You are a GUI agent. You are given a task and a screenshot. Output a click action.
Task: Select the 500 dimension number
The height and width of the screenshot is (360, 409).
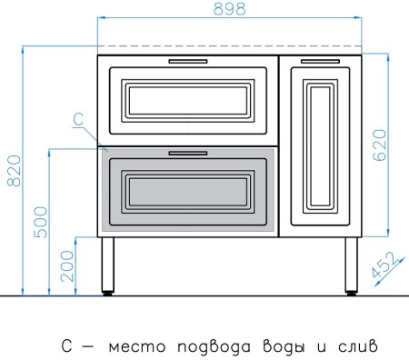(x=40, y=221)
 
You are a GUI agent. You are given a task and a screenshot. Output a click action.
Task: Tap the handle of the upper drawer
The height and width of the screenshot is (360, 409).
(x=187, y=60)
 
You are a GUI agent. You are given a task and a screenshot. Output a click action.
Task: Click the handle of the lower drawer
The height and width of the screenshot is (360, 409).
(x=187, y=154)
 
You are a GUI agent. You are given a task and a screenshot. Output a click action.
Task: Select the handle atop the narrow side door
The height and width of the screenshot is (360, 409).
(x=319, y=60)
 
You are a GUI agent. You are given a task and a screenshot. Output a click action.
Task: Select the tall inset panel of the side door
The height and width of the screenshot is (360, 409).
(x=319, y=145)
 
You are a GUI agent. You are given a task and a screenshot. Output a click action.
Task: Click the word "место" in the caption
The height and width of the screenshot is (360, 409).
(x=133, y=346)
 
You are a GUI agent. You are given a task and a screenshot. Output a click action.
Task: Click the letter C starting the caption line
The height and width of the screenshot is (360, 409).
(x=65, y=346)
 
